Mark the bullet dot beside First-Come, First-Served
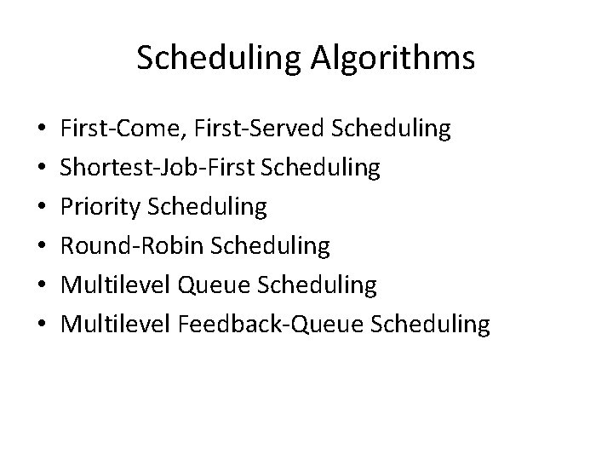[x=30, y=130]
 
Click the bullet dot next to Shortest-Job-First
[x=30, y=170]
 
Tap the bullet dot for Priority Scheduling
[x=30, y=208]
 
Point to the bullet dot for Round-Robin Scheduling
[x=30, y=247]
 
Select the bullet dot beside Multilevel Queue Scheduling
[x=30, y=286]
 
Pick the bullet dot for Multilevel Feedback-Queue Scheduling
[x=30, y=325]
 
